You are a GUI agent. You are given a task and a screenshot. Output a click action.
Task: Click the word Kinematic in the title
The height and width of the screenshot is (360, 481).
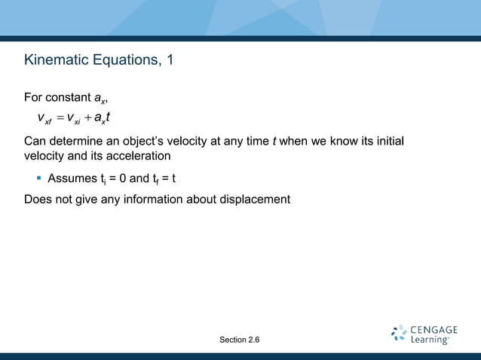pyautogui.click(x=55, y=59)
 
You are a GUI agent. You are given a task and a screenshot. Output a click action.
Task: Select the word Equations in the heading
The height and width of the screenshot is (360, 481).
pyautogui.click(x=122, y=59)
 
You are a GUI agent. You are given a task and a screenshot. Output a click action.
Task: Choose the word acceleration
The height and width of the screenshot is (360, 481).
pyautogui.click(x=142, y=156)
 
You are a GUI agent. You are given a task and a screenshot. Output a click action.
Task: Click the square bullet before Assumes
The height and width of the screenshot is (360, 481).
pyautogui.click(x=38, y=178)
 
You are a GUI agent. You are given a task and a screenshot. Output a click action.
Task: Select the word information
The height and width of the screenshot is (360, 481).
pyautogui.click(x=161, y=200)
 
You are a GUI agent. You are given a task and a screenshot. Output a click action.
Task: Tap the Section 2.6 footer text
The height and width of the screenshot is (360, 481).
pyautogui.click(x=240, y=340)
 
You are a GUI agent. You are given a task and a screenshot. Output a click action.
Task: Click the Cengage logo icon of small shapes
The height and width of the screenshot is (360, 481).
pyautogui.click(x=399, y=334)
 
